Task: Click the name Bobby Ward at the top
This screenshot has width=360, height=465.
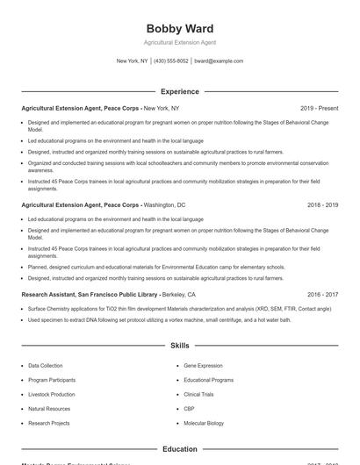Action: click(179, 29)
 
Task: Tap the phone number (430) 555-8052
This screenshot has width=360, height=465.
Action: click(171, 61)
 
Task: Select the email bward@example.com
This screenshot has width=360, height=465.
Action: click(219, 61)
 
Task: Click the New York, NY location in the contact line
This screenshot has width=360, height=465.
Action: click(133, 61)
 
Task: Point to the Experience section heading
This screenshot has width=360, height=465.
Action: click(179, 91)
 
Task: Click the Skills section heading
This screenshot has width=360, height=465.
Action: click(179, 347)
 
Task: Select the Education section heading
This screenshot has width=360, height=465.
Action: click(179, 449)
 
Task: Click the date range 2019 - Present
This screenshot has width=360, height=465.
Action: click(319, 108)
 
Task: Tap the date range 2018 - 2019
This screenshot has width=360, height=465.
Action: click(322, 204)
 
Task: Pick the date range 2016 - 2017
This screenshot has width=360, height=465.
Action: click(322, 295)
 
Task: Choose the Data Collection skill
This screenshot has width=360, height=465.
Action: click(45, 365)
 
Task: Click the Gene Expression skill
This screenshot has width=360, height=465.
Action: click(203, 365)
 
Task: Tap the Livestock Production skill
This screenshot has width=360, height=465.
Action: click(51, 395)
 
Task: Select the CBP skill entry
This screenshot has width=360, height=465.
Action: click(189, 409)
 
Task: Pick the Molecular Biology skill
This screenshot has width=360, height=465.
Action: click(204, 424)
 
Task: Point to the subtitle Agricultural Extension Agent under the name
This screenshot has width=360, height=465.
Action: click(179, 42)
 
